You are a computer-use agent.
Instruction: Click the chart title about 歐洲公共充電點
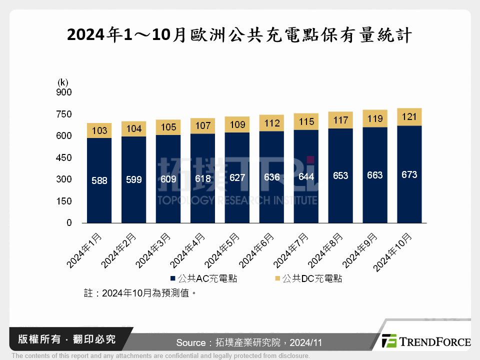[x=239, y=35]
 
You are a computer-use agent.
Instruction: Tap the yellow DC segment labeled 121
[x=409, y=117]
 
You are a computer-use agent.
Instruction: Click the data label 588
[x=99, y=180]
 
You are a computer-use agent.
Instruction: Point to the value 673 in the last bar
[x=409, y=175]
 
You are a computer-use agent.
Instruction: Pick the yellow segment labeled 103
[x=99, y=130]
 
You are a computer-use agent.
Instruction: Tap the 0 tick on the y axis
[x=69, y=223]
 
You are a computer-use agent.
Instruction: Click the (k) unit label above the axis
[x=63, y=82]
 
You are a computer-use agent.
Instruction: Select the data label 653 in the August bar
[x=340, y=175]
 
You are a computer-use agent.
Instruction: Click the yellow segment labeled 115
[x=306, y=121]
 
